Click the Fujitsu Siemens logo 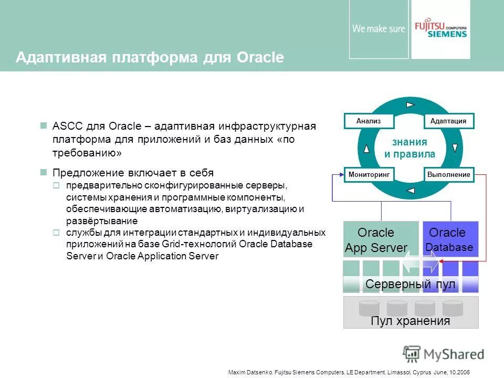point(440,29)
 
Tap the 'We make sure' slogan point(379,29)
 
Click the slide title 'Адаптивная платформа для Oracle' point(150,57)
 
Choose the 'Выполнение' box point(448,174)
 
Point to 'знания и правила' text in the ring point(409,148)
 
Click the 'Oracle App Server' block point(376,240)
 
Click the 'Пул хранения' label point(410,321)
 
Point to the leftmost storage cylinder point(370,308)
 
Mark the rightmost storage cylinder point(453,308)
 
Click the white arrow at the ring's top point(410,104)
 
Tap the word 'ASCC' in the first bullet point(65,126)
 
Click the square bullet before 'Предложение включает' point(44,172)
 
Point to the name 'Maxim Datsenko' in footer point(249,372)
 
